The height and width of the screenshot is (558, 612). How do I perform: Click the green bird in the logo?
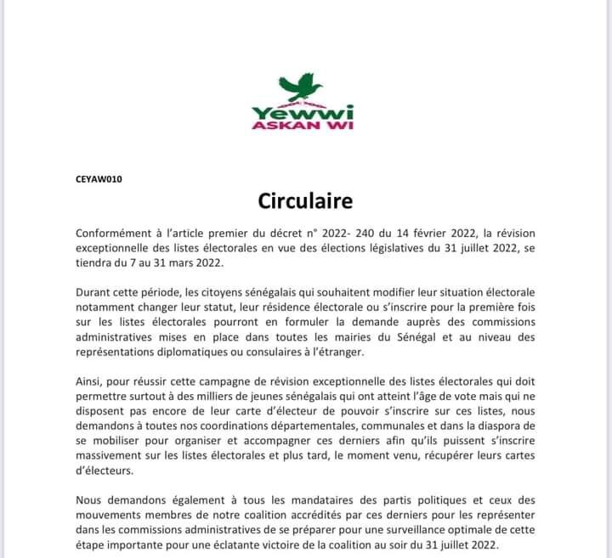(x=303, y=87)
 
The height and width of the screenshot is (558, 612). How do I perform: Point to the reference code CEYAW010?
(x=99, y=180)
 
